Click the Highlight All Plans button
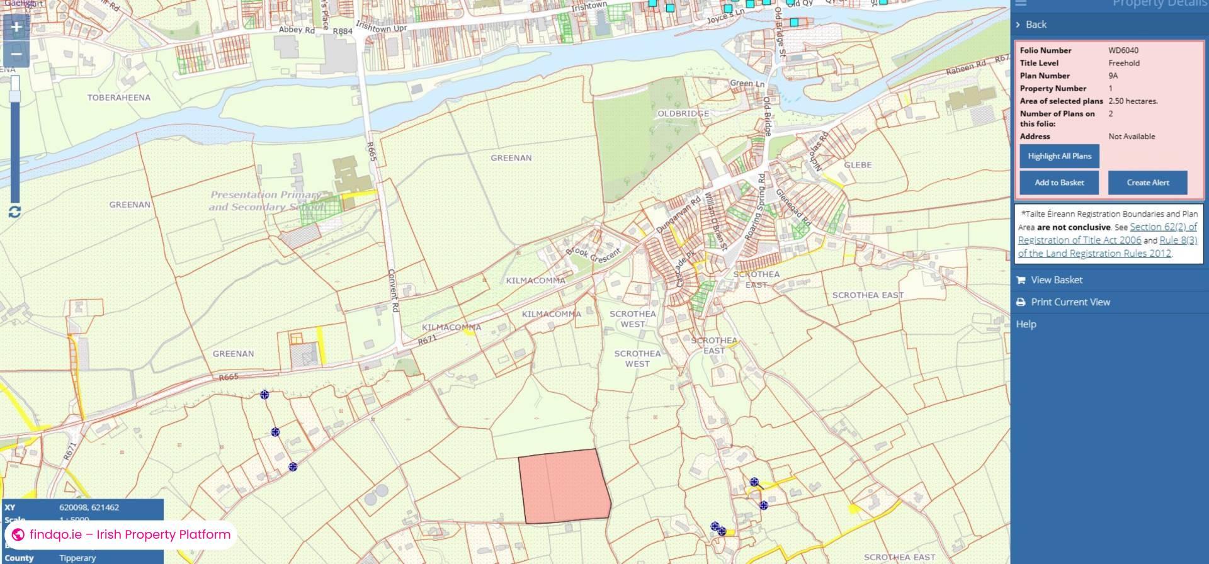click(1059, 156)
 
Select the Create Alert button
click(1147, 183)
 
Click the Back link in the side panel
click(1035, 25)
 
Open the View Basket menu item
click(1056, 280)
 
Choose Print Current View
click(1070, 302)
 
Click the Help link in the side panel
click(1026, 324)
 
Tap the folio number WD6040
click(1123, 50)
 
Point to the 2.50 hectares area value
click(1133, 101)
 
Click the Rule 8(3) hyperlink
click(1178, 240)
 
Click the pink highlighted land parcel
click(564, 486)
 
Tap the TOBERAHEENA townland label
click(119, 98)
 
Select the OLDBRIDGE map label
click(683, 114)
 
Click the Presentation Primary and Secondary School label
click(267, 201)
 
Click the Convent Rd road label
click(393, 291)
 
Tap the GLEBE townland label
click(858, 165)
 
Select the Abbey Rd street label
click(297, 30)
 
